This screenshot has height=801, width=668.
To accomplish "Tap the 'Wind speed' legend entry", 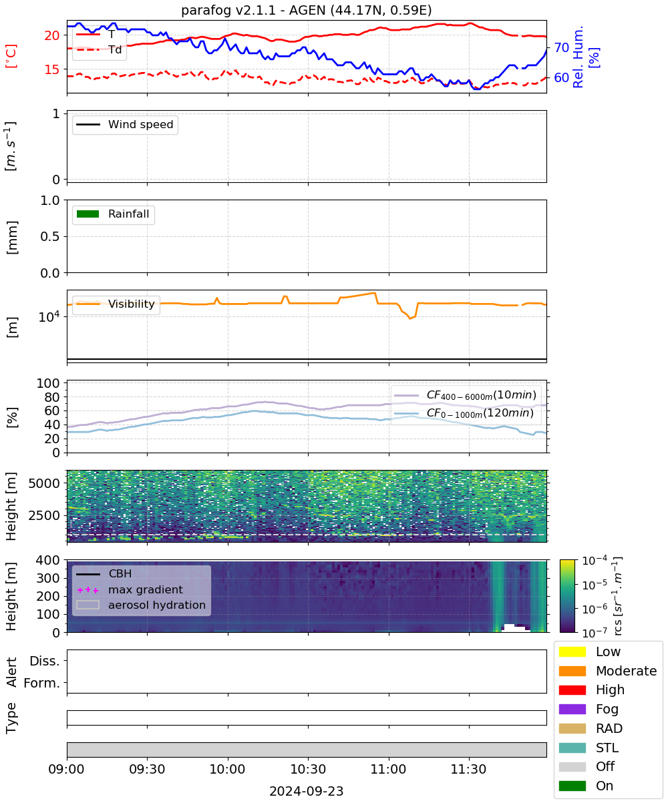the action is pyautogui.click(x=125, y=124).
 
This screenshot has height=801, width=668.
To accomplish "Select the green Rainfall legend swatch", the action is pyautogui.click(x=88, y=214).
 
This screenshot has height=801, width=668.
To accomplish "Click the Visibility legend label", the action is pyautogui.click(x=132, y=304).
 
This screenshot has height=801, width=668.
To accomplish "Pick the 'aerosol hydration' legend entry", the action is pyautogui.click(x=141, y=605).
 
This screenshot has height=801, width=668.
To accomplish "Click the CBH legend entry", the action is pyautogui.click(x=104, y=573).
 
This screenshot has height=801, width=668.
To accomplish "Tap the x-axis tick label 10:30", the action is pyautogui.click(x=308, y=769).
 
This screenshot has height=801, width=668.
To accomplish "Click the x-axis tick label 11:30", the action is pyautogui.click(x=468, y=769).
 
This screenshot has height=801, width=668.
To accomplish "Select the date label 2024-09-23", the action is pyautogui.click(x=307, y=791).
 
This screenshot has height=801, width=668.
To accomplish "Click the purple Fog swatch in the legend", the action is pyautogui.click(x=572, y=709).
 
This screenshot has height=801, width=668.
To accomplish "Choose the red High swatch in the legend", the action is pyautogui.click(x=572, y=690).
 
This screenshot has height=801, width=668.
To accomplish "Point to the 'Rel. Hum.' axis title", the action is pyautogui.click(x=578, y=57).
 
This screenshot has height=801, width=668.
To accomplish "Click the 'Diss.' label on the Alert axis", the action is pyautogui.click(x=45, y=661).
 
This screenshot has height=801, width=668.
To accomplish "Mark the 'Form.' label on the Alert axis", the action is pyautogui.click(x=42, y=683).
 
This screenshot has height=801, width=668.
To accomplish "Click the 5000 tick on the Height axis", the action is pyautogui.click(x=44, y=483).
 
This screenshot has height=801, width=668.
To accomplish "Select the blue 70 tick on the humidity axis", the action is pyautogui.click(x=561, y=47).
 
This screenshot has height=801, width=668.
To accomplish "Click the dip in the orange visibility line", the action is pyautogui.click(x=410, y=318).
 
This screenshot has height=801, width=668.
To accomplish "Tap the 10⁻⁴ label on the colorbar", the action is pyautogui.click(x=595, y=561).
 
